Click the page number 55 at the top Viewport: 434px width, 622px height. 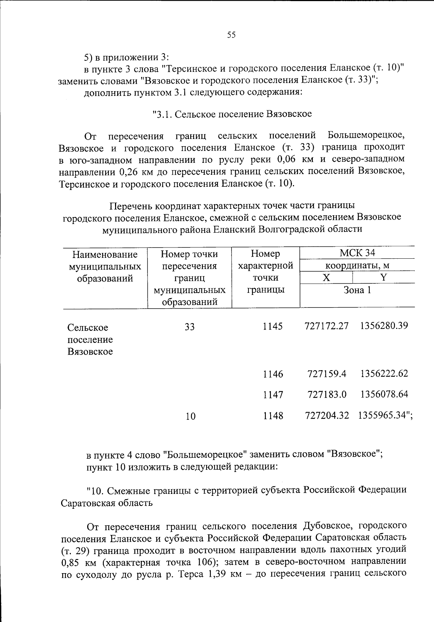(x=231, y=35)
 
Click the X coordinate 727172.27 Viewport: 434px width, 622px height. (x=327, y=326)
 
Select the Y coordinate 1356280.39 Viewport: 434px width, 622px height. (x=384, y=326)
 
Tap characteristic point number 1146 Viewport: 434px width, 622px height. (x=273, y=374)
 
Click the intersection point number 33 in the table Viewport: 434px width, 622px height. (x=190, y=327)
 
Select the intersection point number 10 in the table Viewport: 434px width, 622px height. (x=190, y=416)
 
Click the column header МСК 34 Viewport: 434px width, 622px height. (x=357, y=253)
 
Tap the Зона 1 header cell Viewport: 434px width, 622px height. (x=357, y=290)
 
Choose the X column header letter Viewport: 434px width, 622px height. (x=326, y=278)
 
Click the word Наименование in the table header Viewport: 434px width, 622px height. (x=105, y=254)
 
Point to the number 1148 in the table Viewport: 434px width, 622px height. (x=273, y=416)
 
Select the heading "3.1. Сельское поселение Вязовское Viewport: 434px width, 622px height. (x=232, y=114)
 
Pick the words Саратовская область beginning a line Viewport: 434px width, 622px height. (x=107, y=503)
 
